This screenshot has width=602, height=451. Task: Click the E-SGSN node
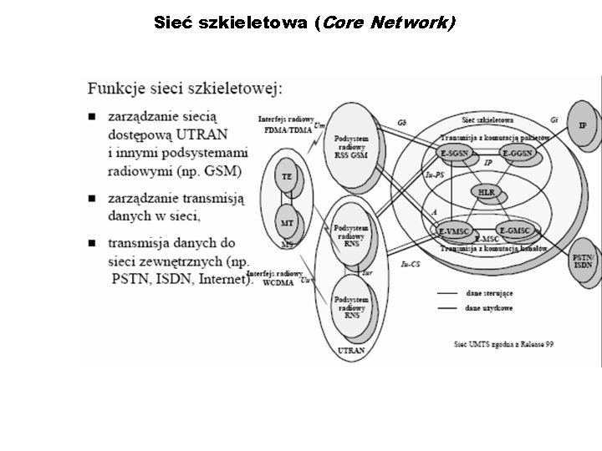tap(454, 154)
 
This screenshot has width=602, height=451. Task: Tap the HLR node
tap(487, 193)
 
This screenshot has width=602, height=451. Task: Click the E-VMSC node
tap(454, 230)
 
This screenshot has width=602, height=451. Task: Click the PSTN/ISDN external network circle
tap(584, 260)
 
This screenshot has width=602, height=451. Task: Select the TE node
tap(287, 177)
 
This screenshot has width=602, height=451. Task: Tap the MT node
tap(287, 223)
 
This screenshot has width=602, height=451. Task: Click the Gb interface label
tap(402, 122)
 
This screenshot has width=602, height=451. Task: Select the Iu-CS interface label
tap(410, 265)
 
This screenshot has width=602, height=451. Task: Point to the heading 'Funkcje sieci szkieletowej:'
tap(186, 87)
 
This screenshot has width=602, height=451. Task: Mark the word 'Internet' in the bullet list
tap(223, 279)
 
